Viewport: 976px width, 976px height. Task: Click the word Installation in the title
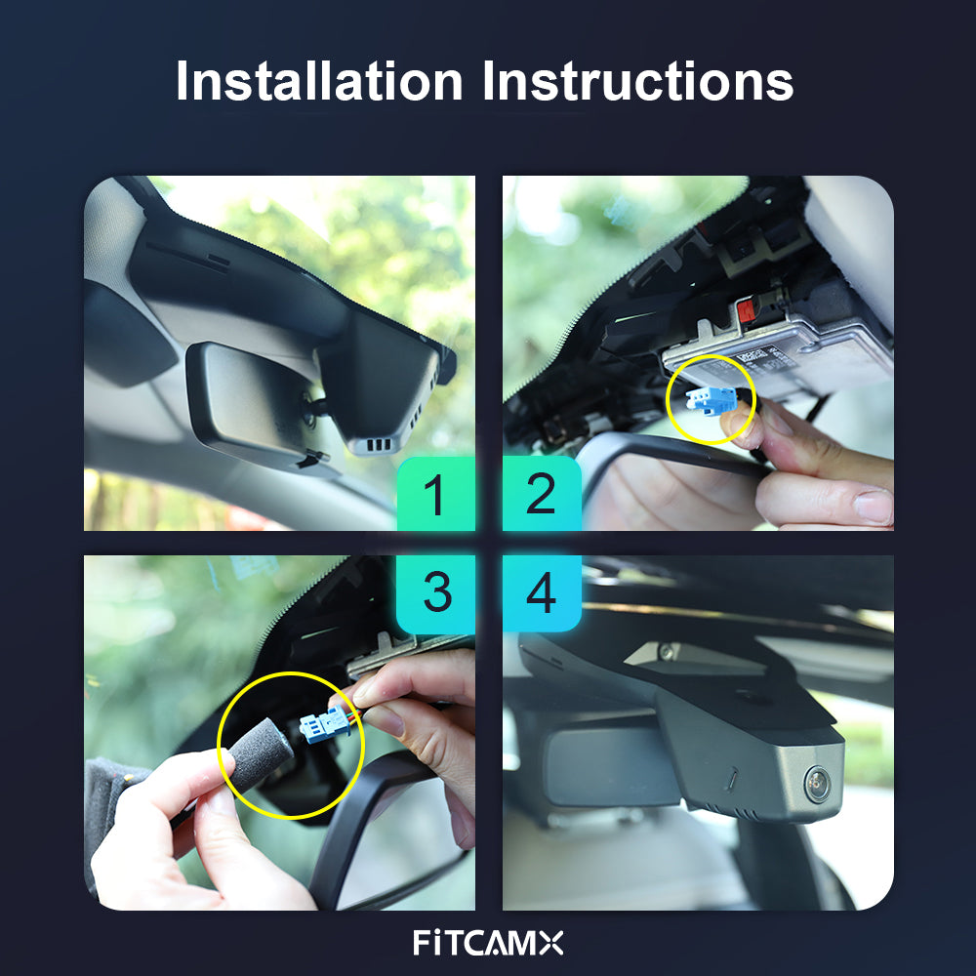pos(319,80)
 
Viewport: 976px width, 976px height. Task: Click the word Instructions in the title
pos(638,80)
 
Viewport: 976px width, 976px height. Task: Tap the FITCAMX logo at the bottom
pos(488,943)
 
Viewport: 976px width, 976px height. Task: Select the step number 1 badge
pos(436,494)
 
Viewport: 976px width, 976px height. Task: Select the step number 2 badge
pos(542,494)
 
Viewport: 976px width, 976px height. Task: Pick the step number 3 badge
pos(436,593)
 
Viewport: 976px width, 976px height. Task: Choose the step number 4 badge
pos(542,593)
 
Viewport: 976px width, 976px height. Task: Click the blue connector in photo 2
pos(712,400)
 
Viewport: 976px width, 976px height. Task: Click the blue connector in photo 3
pos(326,725)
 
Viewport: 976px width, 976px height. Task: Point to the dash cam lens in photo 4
pos(817,783)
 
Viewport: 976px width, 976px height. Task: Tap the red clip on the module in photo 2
pos(747,309)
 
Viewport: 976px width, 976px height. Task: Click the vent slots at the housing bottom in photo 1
pos(379,444)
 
